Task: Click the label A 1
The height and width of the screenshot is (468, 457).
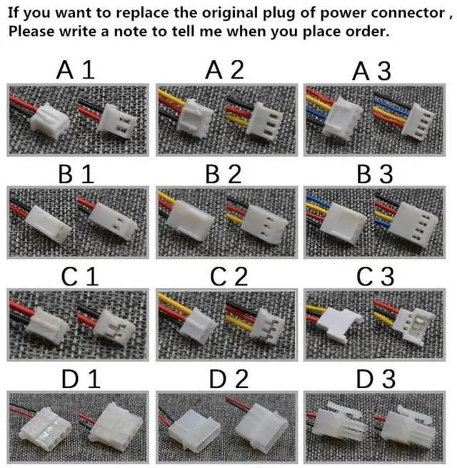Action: (75, 71)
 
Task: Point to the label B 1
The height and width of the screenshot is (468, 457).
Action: (76, 174)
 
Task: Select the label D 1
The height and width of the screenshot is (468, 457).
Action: (78, 378)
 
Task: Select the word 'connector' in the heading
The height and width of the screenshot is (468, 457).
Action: (404, 14)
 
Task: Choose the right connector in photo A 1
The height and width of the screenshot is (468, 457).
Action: (117, 118)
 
